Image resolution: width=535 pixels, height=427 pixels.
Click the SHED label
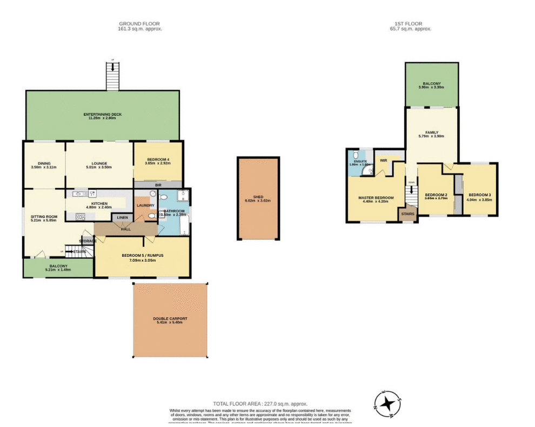point(258,197)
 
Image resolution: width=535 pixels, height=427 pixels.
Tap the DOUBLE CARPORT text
point(170,319)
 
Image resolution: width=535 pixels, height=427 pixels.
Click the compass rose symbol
point(387,404)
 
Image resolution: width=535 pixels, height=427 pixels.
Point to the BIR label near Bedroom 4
point(158,185)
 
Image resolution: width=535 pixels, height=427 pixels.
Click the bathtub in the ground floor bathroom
point(185,224)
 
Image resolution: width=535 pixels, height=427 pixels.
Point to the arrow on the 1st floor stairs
point(411,190)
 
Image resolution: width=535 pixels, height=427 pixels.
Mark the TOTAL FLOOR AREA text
point(260,404)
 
